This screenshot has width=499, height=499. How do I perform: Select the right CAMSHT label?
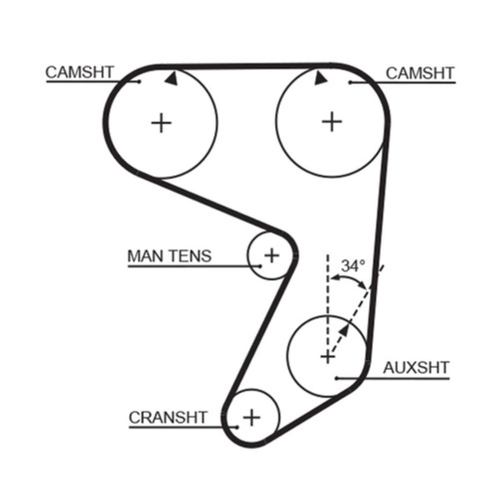(420, 73)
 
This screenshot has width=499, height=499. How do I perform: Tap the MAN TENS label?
(170, 256)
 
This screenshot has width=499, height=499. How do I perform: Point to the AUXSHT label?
(416, 368)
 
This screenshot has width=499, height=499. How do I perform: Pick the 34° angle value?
(353, 266)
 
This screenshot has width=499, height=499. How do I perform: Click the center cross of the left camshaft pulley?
(161, 122)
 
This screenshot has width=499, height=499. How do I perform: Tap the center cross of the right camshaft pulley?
(332, 121)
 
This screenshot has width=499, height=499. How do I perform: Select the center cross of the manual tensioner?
(271, 255)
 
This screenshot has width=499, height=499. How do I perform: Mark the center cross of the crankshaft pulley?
(252, 417)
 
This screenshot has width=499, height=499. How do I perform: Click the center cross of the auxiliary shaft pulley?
(327, 356)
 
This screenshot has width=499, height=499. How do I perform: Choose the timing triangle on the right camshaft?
(319, 78)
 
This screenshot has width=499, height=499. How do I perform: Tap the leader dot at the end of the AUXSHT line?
(337, 378)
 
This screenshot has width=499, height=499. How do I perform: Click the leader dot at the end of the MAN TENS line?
(260, 266)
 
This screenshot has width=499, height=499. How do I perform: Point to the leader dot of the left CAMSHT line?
(140, 81)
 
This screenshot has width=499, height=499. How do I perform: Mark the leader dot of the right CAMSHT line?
(350, 82)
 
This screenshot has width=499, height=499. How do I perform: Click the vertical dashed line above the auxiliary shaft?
(328, 289)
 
